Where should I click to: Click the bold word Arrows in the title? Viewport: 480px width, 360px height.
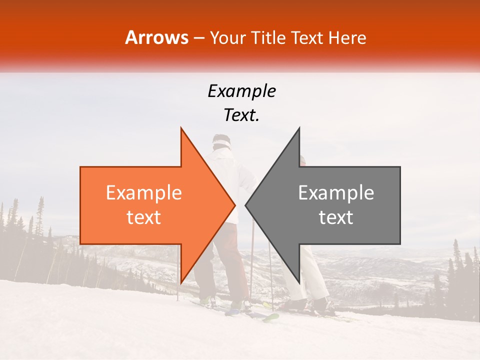point(157,37)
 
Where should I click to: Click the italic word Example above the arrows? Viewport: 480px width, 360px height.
point(241,91)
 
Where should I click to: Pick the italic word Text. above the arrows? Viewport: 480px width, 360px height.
point(241,115)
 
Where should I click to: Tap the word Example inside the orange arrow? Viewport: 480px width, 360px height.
point(143,193)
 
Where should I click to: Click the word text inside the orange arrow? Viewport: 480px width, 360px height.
point(143,217)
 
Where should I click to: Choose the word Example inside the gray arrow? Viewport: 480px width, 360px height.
point(336,193)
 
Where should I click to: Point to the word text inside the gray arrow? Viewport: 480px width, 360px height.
point(336,217)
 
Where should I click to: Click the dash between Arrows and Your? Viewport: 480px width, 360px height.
point(199,38)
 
